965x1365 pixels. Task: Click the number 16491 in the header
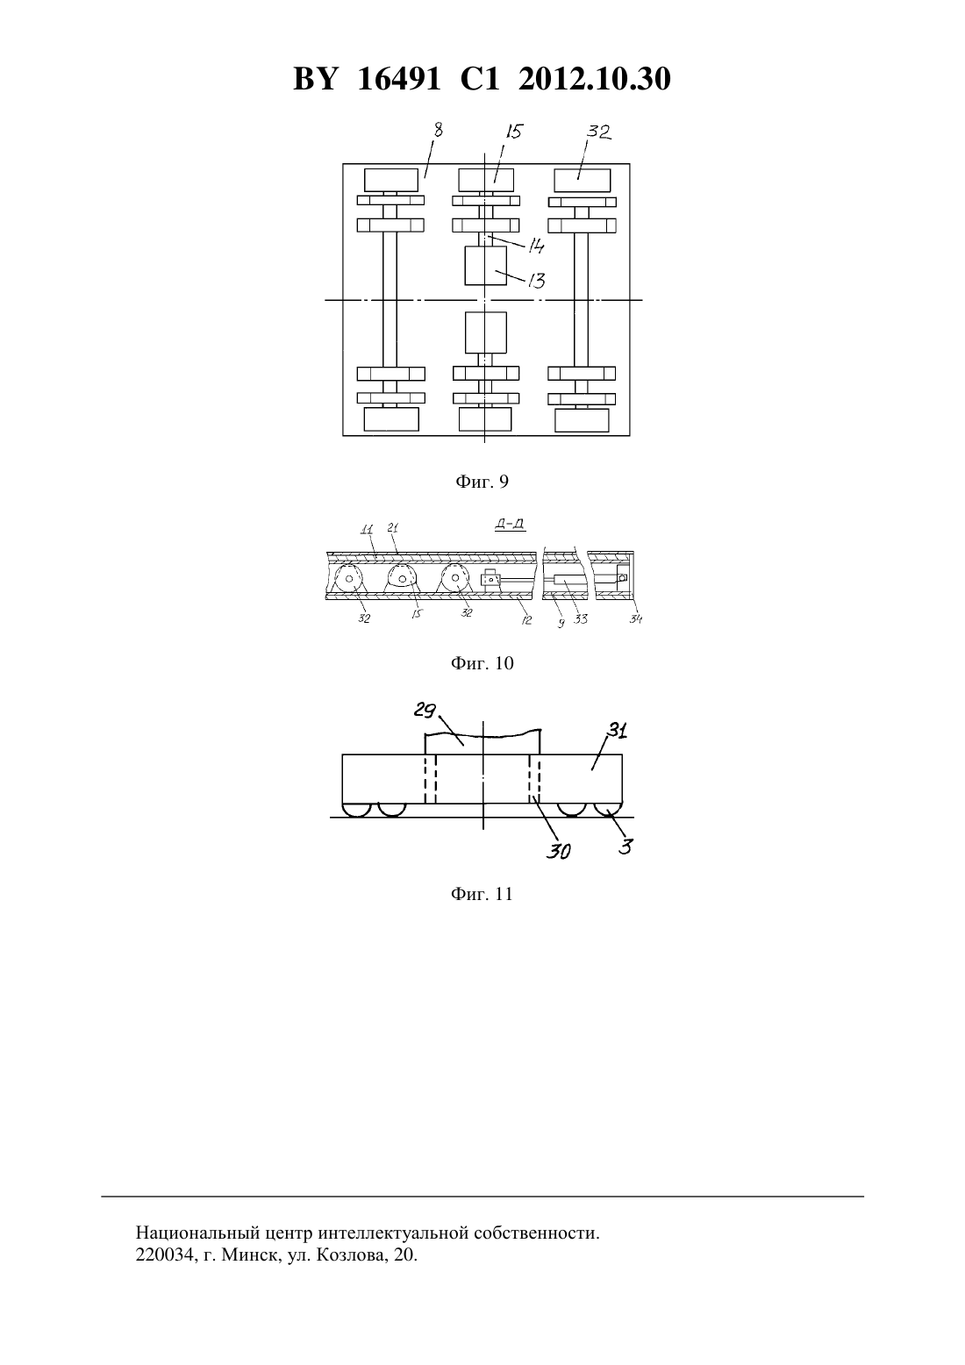398,79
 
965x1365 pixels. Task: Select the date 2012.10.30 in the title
595,79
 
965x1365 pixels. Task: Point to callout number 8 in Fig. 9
438,131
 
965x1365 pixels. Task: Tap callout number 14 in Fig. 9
536,247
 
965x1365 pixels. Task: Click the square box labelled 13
485,265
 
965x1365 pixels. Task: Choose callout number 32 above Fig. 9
598,132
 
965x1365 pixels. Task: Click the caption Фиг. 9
482,482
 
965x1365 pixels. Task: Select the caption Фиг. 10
482,663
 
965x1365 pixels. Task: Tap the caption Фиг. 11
482,894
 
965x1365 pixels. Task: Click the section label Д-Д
511,524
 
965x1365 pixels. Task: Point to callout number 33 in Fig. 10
581,619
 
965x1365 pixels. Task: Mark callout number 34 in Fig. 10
635,619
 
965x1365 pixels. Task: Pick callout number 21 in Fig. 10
393,528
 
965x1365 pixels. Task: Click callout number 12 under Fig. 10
526,619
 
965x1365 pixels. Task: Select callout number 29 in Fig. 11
425,710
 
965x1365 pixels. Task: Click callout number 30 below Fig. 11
558,851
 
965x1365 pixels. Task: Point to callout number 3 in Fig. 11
626,847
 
